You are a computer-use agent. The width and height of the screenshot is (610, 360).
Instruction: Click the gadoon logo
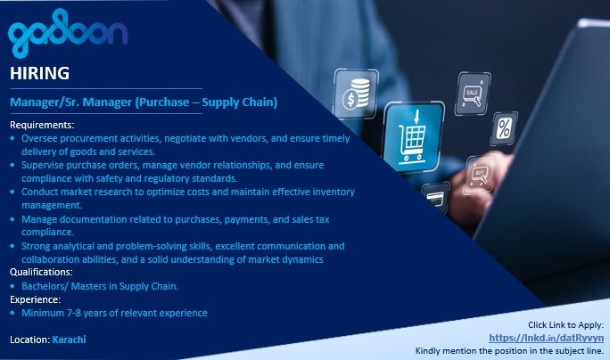tap(68, 33)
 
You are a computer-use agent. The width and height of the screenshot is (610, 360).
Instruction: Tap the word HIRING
tap(39, 73)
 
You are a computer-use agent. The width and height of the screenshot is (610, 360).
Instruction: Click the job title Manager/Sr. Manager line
tap(144, 102)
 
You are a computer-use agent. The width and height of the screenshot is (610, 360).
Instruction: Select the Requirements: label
tap(42, 125)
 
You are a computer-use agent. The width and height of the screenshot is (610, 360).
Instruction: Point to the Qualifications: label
tap(41, 272)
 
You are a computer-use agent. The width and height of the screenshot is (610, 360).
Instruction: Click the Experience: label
tap(36, 299)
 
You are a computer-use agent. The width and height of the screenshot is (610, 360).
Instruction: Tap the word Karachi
tap(69, 340)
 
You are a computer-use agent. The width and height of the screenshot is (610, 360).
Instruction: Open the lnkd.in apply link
tap(546, 338)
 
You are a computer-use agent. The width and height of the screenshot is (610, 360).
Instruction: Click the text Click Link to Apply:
tap(565, 324)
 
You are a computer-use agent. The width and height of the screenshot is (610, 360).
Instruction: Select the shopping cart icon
tap(413, 136)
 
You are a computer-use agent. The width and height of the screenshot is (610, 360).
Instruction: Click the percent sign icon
tap(504, 128)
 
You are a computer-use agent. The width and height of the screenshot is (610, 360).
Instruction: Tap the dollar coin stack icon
tap(356, 94)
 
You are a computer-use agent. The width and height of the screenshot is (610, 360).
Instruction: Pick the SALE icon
tap(473, 94)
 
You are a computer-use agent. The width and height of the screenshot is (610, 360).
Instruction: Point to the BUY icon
tap(481, 174)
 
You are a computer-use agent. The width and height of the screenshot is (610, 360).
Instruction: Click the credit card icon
tap(436, 198)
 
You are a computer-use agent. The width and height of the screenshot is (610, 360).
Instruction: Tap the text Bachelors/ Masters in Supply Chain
tap(100, 286)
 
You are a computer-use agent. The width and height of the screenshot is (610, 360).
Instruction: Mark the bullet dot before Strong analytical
tap(12, 246)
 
